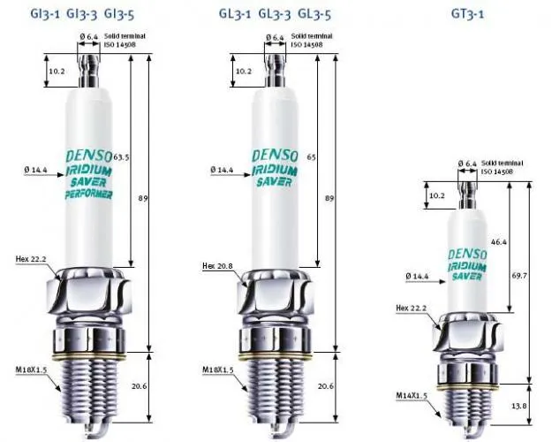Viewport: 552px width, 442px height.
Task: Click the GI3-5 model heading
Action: (x=119, y=14)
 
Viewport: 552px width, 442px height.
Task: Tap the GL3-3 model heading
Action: (x=275, y=14)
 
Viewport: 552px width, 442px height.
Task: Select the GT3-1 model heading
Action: (x=467, y=14)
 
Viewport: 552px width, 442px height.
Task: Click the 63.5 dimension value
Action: (x=121, y=157)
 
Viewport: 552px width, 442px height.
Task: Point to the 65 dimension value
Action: (x=311, y=157)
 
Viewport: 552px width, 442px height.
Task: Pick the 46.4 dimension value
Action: (x=498, y=242)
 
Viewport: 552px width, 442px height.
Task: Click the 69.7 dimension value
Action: (x=519, y=276)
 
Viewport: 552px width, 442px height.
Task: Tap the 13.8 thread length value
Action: (x=519, y=406)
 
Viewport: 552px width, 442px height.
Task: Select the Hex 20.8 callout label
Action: (x=217, y=266)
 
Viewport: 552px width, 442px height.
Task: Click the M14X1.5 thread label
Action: (x=412, y=395)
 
